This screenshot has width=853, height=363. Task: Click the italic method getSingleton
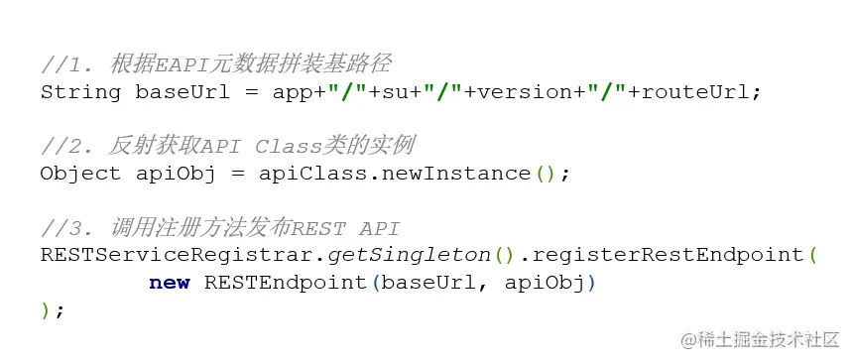coord(410,255)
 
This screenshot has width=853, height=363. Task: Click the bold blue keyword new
coord(170,283)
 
